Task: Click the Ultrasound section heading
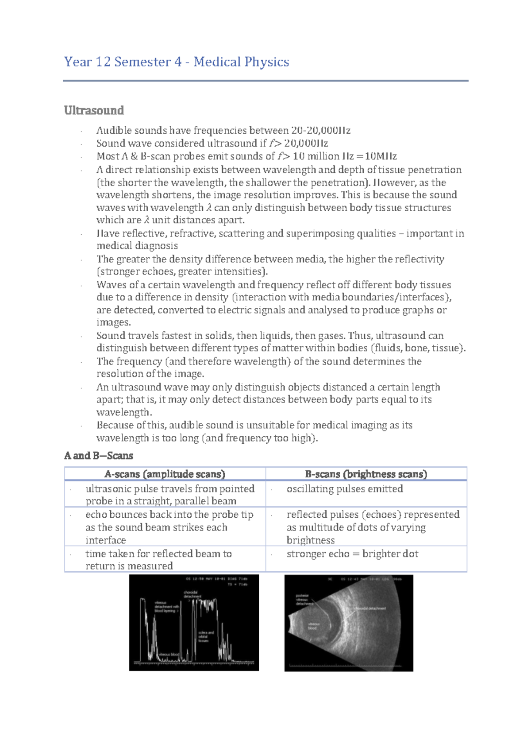(x=94, y=110)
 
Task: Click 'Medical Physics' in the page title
(x=241, y=62)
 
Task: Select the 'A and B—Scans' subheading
(x=98, y=456)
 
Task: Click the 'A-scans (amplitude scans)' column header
(x=165, y=474)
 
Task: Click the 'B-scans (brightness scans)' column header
(x=366, y=474)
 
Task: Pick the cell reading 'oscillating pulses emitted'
(x=345, y=489)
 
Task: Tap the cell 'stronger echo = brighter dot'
(x=352, y=554)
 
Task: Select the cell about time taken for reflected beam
(x=158, y=560)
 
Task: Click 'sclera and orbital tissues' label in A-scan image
(x=205, y=636)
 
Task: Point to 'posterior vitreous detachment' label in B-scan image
(x=304, y=600)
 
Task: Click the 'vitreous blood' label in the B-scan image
(x=312, y=626)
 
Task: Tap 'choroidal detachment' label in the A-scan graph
(x=192, y=594)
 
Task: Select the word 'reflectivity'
(x=420, y=259)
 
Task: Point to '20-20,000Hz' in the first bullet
(x=321, y=131)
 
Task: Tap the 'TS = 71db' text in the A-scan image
(x=237, y=584)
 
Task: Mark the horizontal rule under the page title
(x=265, y=81)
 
